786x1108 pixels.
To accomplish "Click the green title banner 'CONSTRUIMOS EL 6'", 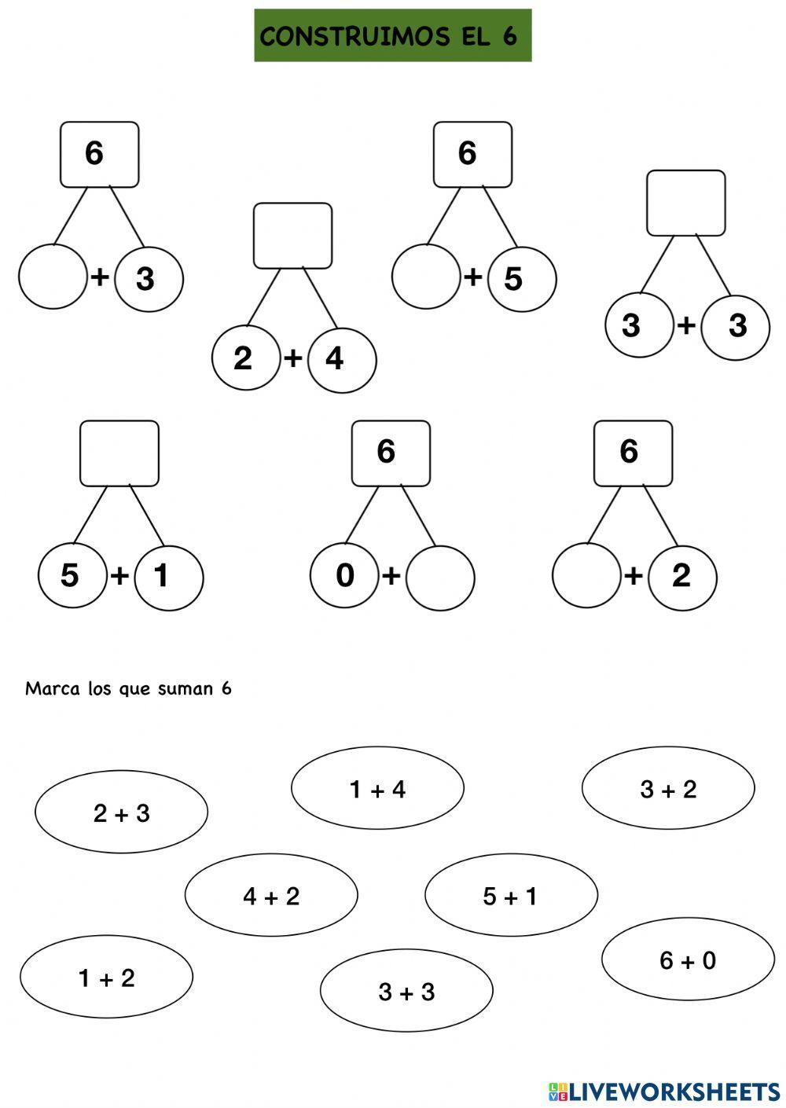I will tap(392, 35).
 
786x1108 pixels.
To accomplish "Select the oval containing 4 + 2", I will tap(271, 895).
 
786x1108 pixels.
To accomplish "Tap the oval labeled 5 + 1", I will tap(511, 895).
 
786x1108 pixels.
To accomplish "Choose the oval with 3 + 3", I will tap(406, 991).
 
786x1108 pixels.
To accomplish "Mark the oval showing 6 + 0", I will tap(688, 959).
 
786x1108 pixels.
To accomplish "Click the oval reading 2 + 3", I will tap(121, 813).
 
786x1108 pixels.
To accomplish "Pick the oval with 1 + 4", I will tap(377, 788).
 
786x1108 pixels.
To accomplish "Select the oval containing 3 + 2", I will tap(668, 788).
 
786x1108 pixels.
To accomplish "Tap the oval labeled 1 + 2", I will tap(106, 978).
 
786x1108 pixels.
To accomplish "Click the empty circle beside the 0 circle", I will tap(440, 578).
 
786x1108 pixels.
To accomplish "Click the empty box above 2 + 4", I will tap(292, 236).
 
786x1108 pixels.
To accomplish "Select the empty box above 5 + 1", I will tap(119, 453).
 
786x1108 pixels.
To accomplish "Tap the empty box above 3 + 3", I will tap(685, 203).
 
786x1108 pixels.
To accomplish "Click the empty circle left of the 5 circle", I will tap(425, 277).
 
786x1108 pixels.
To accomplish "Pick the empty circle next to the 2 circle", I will tap(586, 575).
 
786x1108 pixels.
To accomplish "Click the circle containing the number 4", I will tap(342, 359).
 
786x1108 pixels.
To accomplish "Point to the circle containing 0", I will tap(344, 576).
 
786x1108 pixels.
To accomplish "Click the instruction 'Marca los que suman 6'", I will tap(128, 689).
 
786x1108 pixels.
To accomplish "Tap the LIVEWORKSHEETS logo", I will tap(664, 1091).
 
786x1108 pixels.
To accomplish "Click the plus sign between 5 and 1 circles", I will tap(119, 576).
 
